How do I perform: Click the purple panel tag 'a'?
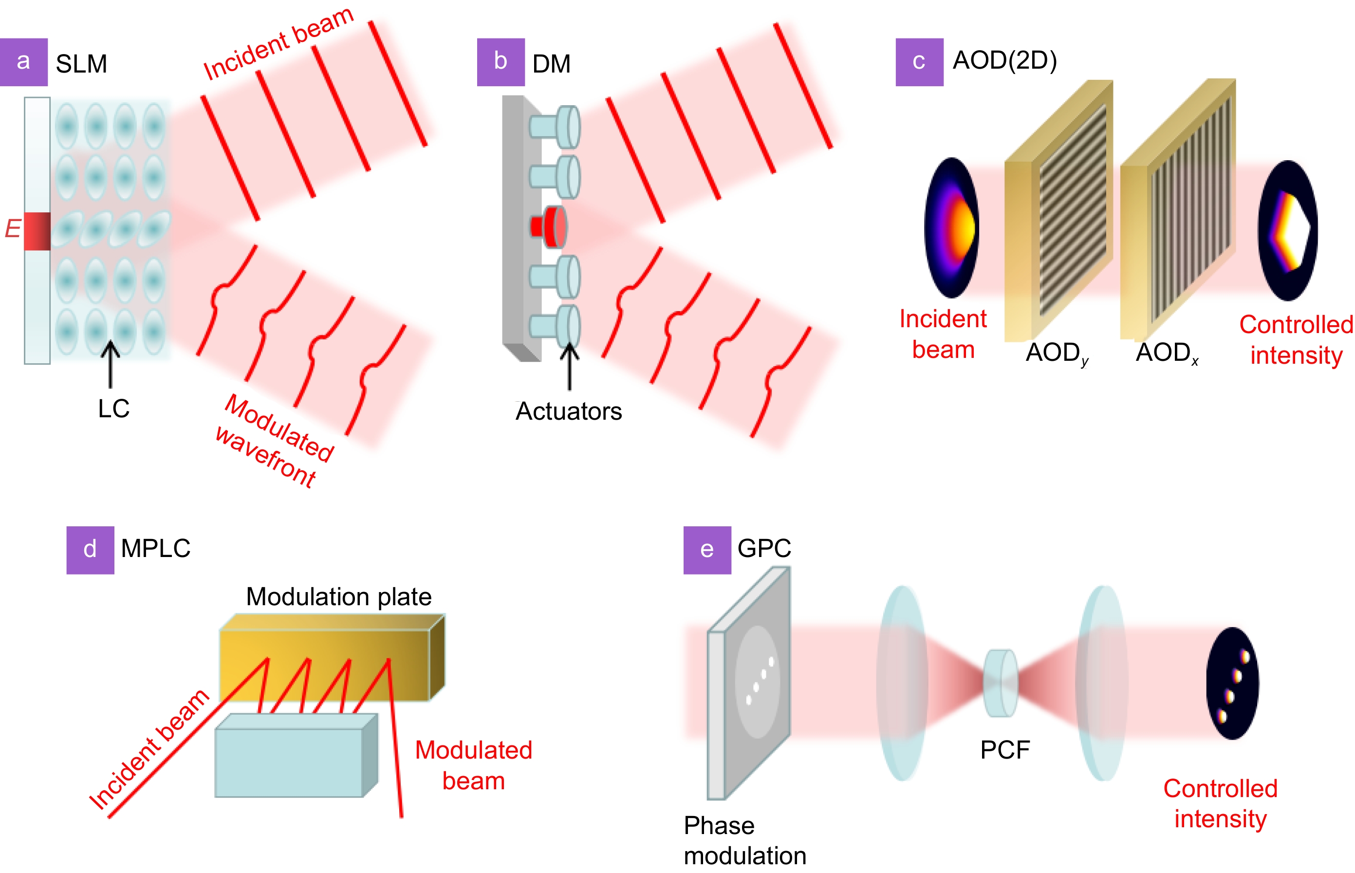click(x=23, y=62)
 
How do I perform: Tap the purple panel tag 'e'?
click(x=706, y=549)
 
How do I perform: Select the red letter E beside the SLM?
click(x=13, y=228)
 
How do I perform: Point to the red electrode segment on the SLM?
click(x=37, y=231)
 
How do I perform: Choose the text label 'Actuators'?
click(x=568, y=411)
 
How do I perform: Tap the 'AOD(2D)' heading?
click(x=1004, y=60)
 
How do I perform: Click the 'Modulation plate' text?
click(x=338, y=596)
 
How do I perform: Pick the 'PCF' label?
click(x=1005, y=749)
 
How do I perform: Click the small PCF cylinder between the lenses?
click(x=1000, y=683)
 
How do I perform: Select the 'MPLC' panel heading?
click(x=155, y=548)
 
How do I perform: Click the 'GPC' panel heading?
click(x=764, y=548)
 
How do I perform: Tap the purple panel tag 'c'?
click(x=919, y=62)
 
